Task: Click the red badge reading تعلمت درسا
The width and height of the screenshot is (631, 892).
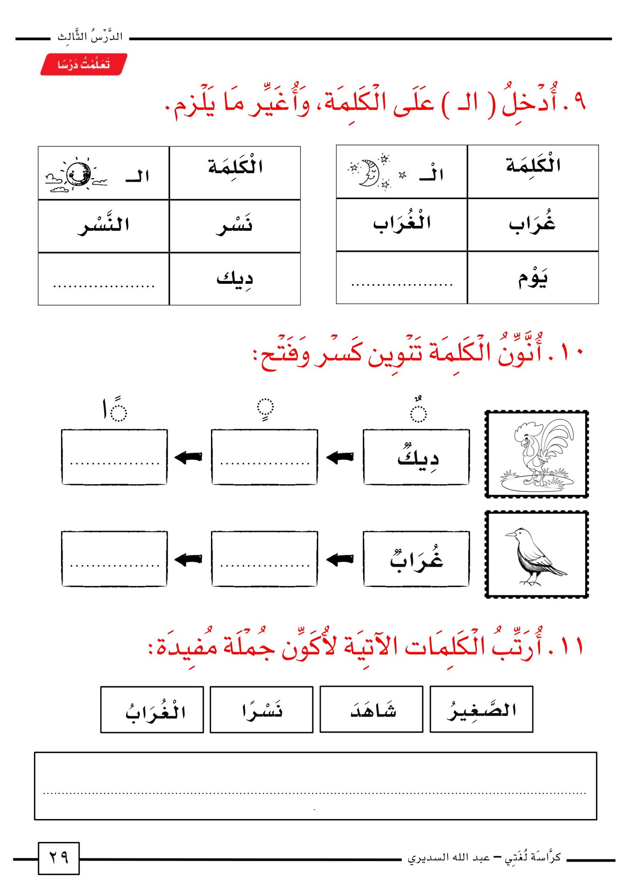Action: pos(84,64)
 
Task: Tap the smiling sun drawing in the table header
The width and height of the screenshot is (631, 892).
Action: pos(78,174)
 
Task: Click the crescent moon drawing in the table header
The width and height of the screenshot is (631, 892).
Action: pos(369,173)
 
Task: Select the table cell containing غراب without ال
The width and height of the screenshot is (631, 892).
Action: pos(532,225)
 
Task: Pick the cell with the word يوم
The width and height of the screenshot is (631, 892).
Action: pos(532,278)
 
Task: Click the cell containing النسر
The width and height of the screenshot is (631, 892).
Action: pos(103,226)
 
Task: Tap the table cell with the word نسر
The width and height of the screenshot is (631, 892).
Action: pos(235,226)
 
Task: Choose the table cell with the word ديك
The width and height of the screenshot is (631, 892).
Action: pos(235,279)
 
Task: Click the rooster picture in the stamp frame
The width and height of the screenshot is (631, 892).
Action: pos(536,454)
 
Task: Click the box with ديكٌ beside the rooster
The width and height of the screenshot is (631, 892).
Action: pos(416,457)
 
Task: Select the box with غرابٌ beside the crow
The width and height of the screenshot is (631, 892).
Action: pos(416,559)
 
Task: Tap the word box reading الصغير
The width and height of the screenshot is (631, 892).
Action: pos(481,710)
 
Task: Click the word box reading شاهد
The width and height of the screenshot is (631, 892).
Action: pos(371,710)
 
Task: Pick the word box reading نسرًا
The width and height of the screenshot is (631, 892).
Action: pos(261,710)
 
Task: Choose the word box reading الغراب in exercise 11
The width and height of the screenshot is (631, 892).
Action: pos(152,710)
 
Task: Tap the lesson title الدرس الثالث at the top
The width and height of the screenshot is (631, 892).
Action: pos(90,37)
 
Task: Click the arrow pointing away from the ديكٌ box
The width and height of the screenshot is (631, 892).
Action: pos(340,457)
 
